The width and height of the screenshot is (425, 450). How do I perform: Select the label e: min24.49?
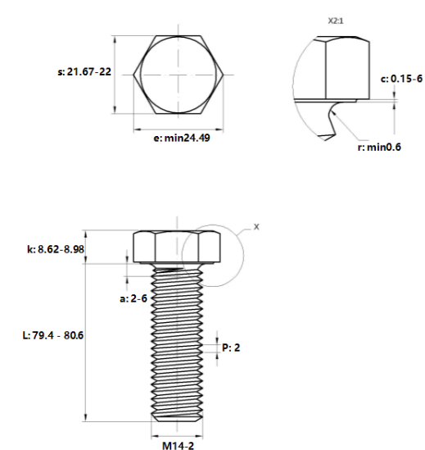point(182,138)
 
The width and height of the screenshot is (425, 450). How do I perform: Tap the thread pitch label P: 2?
point(231,348)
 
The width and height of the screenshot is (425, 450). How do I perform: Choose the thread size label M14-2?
point(177,446)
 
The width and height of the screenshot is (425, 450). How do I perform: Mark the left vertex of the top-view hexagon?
point(135,75)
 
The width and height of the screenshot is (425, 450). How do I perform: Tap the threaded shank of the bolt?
point(177,344)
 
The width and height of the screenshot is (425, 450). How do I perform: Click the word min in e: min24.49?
point(174,138)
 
